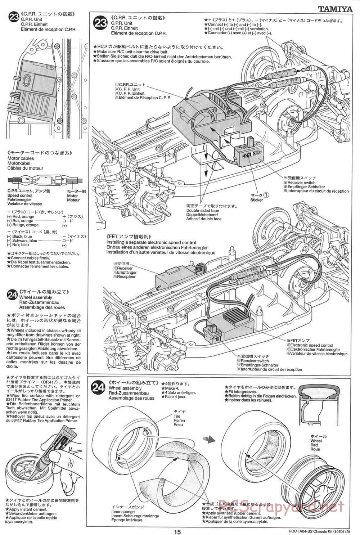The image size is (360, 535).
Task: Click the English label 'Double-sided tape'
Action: [203, 211]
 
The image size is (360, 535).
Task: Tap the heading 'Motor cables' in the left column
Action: [21, 158]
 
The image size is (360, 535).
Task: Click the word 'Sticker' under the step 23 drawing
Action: [257, 200]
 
